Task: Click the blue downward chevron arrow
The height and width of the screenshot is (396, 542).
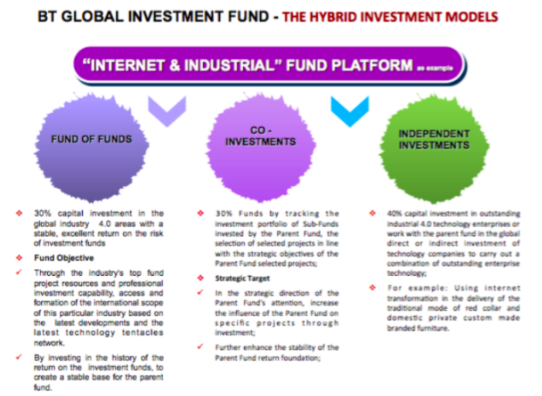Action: click(347, 111)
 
